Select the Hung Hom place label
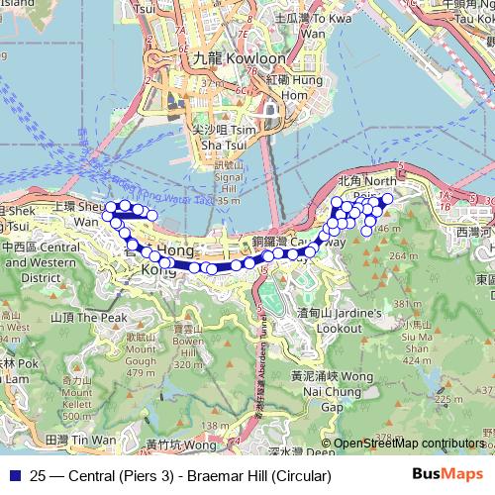click(283, 87)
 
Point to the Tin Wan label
click(81, 439)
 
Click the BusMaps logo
click(447, 475)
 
